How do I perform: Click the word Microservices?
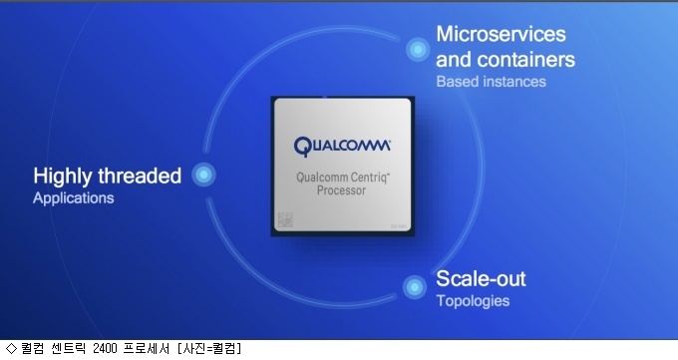pyautogui.click(x=501, y=34)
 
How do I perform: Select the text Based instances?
pyautogui.click(x=491, y=82)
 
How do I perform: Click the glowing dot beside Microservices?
pyautogui.click(x=418, y=49)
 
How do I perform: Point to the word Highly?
pyautogui.click(x=63, y=177)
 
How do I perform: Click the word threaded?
pyautogui.click(x=140, y=176)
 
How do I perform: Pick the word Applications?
pyautogui.click(x=74, y=198)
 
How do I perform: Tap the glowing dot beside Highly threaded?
pyautogui.click(x=203, y=175)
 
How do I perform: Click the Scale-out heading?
pyautogui.click(x=481, y=278)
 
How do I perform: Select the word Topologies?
pyautogui.click(x=473, y=301)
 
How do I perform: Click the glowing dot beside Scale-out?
pyautogui.click(x=414, y=287)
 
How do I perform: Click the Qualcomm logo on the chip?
pyautogui.click(x=342, y=147)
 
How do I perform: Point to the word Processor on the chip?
pyautogui.click(x=341, y=190)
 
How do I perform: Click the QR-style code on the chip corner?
pyautogui.click(x=285, y=219)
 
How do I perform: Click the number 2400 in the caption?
pyautogui.click(x=105, y=348)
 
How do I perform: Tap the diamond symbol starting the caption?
pyautogui.click(x=11, y=348)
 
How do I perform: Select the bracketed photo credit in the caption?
pyautogui.click(x=209, y=348)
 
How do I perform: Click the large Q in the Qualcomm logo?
pyautogui.click(x=302, y=147)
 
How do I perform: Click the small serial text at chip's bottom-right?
pyautogui.click(x=398, y=226)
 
